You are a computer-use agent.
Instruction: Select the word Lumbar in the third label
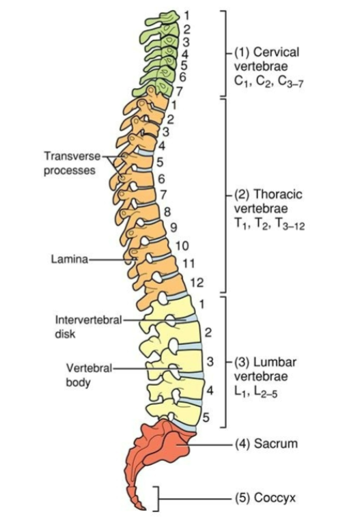click(x=275, y=362)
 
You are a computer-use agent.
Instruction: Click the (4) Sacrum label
click(x=266, y=443)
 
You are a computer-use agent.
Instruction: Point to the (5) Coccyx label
click(x=265, y=498)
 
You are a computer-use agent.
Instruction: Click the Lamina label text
click(x=70, y=259)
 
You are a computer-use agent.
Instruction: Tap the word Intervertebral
click(x=88, y=320)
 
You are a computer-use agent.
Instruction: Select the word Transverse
click(x=72, y=156)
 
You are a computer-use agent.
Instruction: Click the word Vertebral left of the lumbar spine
click(x=89, y=368)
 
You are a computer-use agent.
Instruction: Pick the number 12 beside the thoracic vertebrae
click(x=197, y=283)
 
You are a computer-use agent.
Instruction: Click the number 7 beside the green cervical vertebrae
click(x=179, y=91)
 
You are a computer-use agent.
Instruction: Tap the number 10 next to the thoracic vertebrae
click(x=182, y=246)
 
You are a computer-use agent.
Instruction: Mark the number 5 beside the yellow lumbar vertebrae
click(x=206, y=418)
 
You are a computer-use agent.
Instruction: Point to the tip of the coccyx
click(x=145, y=509)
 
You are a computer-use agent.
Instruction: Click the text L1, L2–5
click(x=255, y=392)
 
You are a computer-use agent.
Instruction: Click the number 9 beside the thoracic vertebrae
click(x=174, y=227)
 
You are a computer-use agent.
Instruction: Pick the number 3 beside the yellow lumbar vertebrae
click(x=210, y=362)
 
